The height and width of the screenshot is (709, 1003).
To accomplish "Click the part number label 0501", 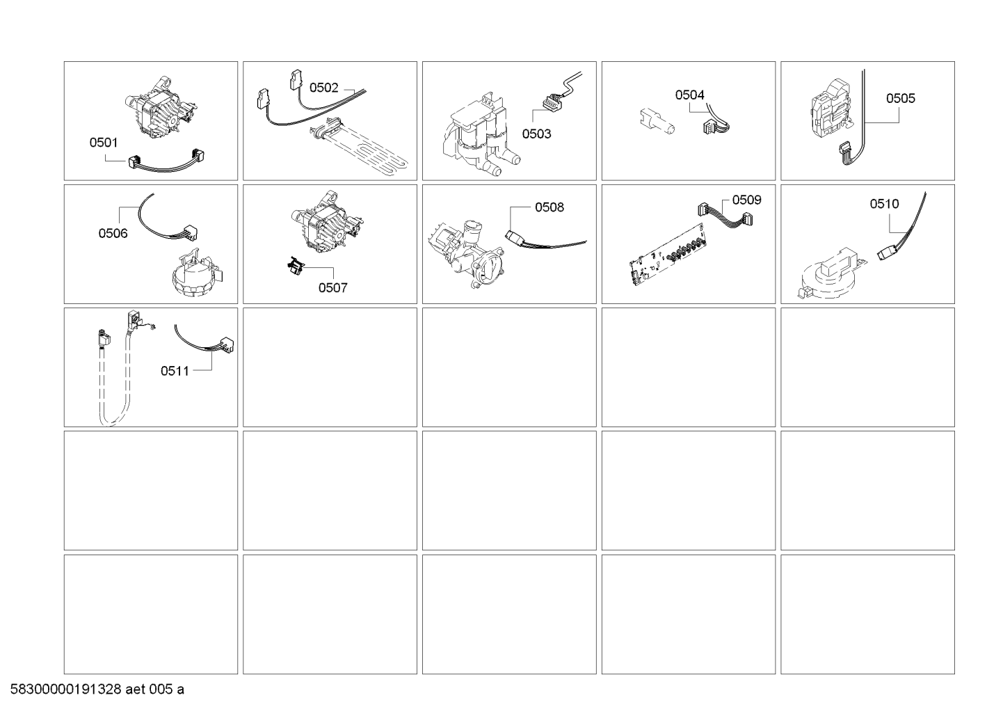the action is tap(104, 143).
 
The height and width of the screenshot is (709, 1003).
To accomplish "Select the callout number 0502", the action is tap(323, 88).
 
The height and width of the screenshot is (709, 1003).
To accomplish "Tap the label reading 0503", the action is tap(536, 134).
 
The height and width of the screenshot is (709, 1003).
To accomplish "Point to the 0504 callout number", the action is tap(689, 95).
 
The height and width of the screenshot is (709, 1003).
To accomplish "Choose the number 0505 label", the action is tap(901, 99).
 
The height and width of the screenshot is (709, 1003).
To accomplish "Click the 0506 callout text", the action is tap(113, 233).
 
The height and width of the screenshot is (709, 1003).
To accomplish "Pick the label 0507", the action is tap(332, 288).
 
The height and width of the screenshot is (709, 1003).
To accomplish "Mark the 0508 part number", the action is tap(549, 207).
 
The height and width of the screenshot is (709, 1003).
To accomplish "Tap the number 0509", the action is tap(746, 200).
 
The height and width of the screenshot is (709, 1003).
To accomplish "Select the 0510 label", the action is tap(884, 205).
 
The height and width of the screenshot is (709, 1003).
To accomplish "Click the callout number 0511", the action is tap(175, 372).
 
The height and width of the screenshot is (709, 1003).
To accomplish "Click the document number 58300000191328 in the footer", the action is tap(65, 690).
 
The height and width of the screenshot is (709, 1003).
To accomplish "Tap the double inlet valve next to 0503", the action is tap(481, 134).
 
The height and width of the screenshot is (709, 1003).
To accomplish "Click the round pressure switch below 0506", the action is tap(197, 273).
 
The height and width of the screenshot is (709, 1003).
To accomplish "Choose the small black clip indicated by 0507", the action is tap(295, 266).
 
